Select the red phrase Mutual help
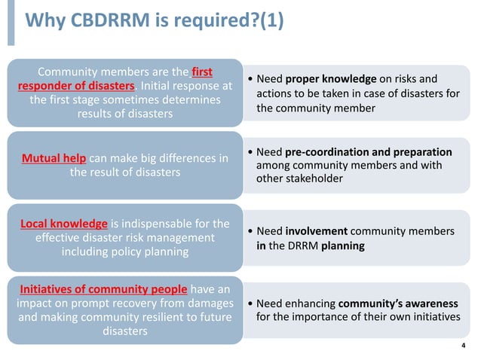[54, 158]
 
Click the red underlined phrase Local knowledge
[63, 224]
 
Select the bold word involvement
[317, 231]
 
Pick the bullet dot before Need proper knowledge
[250, 80]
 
